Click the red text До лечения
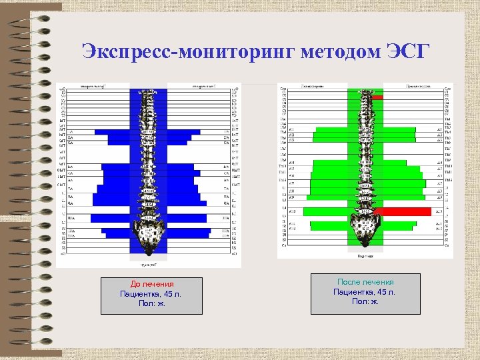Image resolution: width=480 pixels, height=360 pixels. tap(151, 284)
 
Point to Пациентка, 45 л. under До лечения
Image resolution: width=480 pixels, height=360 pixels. tap(151, 293)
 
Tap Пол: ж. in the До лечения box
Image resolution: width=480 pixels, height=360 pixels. tap(151, 303)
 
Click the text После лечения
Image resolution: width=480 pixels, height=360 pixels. tap(365, 282)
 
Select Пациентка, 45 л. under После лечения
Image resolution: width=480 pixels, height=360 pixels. tap(365, 292)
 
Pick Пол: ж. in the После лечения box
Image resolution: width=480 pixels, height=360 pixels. tap(365, 301)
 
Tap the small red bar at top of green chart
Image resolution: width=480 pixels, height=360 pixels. tap(378, 97)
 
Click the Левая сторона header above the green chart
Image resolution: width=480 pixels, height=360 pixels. tap(312, 87)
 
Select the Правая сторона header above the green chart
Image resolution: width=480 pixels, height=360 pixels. tap(417, 87)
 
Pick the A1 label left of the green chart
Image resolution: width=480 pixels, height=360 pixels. tap(291, 129)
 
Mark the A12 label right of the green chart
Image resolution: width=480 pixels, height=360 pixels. tap(439, 227)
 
